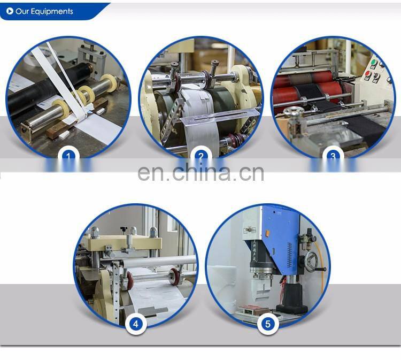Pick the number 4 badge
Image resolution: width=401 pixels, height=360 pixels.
click(136, 324)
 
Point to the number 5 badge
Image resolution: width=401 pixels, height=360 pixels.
click(268, 324)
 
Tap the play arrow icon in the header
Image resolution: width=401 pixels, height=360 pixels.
click(10, 11)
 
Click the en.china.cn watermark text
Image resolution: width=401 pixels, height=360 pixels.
click(200, 173)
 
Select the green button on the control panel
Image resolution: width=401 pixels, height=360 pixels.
click(374, 63)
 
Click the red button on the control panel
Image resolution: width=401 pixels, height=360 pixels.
click(368, 74)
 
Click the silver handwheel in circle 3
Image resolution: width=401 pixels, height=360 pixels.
click(294, 112)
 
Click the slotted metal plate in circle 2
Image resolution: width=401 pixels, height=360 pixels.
click(220, 117)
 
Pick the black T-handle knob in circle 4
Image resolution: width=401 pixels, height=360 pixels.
click(124, 228)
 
